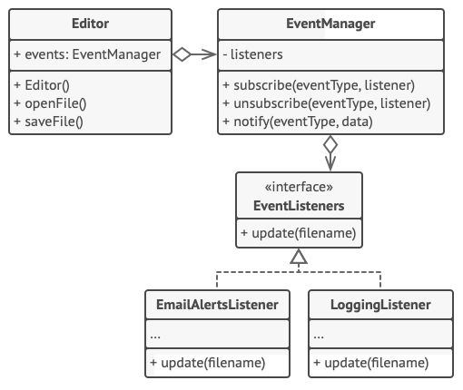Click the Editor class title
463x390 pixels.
click(90, 24)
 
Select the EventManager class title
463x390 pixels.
click(330, 24)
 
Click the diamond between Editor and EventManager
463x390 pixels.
click(182, 54)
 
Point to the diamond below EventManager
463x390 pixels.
click(330, 145)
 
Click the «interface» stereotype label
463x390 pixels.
click(299, 187)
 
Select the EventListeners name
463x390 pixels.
click(299, 206)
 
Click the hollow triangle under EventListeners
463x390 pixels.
click(299, 256)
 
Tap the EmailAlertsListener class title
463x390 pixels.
click(217, 305)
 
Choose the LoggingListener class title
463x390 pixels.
click(380, 305)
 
